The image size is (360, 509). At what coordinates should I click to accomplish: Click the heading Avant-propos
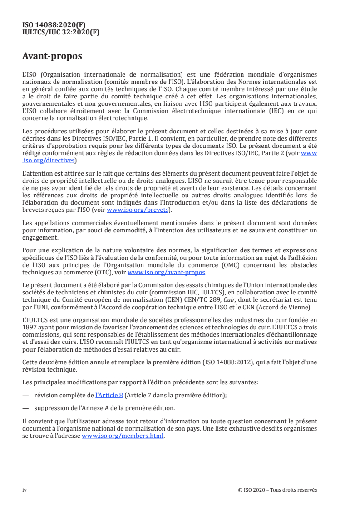(52, 57)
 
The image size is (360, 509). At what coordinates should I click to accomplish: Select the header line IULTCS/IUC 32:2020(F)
(61, 32)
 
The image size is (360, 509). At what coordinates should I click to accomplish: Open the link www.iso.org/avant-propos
(167, 273)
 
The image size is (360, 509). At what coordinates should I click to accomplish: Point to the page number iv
(25, 490)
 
